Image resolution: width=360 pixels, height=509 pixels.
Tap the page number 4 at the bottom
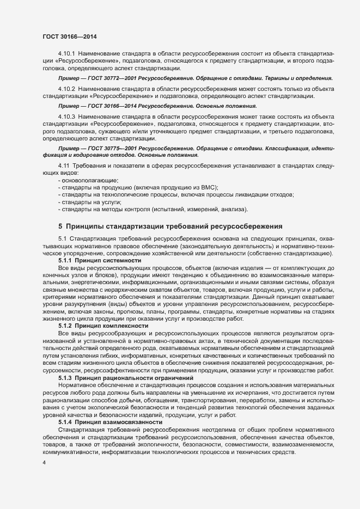point(44,463)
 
